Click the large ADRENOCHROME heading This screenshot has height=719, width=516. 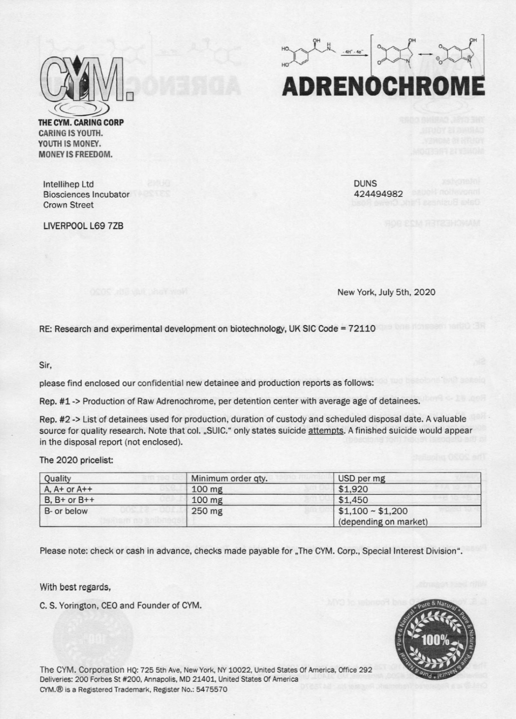(383, 87)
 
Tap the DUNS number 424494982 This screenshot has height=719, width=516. (378, 194)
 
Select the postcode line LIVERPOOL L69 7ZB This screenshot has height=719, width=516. (83, 226)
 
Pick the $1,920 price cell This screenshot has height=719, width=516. (353, 489)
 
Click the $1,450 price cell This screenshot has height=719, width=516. (353, 500)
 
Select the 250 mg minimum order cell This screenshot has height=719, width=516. (207, 511)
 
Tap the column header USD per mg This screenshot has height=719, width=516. (361, 478)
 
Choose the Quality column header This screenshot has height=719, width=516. (58, 479)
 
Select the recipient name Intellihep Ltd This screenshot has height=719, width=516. (68, 184)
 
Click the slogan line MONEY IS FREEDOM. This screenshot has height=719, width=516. (75, 155)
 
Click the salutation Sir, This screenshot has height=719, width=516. (45, 365)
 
